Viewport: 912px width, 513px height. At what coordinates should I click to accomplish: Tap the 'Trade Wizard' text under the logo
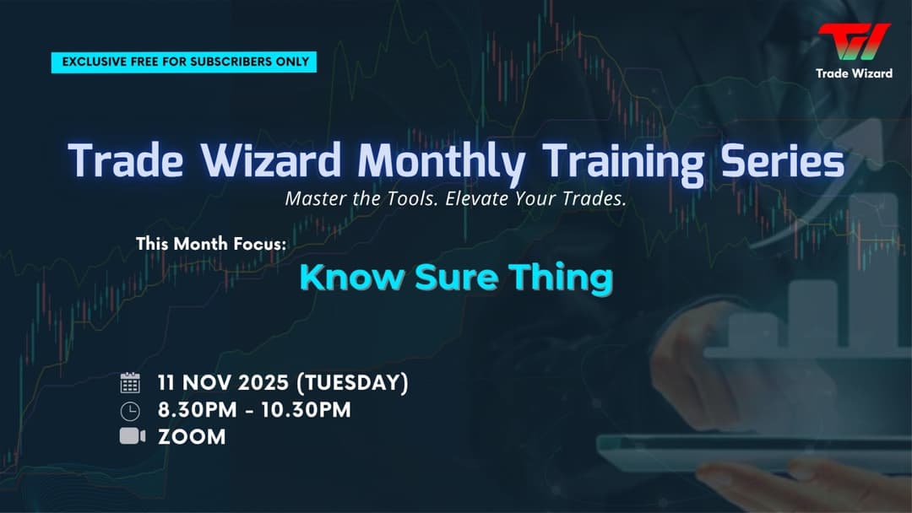click(x=854, y=73)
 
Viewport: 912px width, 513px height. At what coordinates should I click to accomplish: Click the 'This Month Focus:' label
click(x=211, y=244)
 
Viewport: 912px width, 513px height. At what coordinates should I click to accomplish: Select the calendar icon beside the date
click(x=130, y=383)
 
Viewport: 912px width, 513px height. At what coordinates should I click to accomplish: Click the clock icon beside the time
click(x=130, y=411)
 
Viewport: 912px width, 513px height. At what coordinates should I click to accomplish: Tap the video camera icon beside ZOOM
click(x=132, y=436)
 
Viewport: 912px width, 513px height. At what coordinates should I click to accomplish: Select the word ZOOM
click(x=192, y=437)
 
